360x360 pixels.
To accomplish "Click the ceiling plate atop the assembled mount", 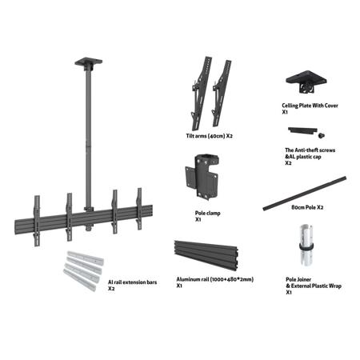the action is click(89, 62).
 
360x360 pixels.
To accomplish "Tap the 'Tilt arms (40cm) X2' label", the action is click(210, 136).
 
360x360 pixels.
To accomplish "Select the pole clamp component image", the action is click(202, 177).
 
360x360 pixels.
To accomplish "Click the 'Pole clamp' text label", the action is click(208, 213).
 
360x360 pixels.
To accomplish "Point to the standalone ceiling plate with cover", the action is click(306, 82).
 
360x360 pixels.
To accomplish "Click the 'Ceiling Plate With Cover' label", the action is click(310, 106).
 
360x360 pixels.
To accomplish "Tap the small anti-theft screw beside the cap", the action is click(322, 135).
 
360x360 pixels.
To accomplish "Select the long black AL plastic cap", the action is click(302, 130).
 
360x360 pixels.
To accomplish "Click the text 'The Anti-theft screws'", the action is click(310, 150).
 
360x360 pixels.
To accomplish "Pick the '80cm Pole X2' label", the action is click(307, 207).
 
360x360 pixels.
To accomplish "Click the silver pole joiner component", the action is click(306, 247).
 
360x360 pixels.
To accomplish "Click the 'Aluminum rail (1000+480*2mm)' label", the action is click(215, 279).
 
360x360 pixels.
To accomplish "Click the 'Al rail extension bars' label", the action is click(132, 282).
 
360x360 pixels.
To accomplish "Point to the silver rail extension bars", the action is click(83, 270).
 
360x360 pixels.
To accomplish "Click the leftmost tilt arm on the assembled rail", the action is click(37, 221).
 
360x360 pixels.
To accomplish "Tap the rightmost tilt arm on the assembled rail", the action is click(139, 209).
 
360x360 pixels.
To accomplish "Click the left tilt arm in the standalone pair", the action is click(202, 94).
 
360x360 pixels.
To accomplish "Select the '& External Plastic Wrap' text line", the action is click(314, 286).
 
